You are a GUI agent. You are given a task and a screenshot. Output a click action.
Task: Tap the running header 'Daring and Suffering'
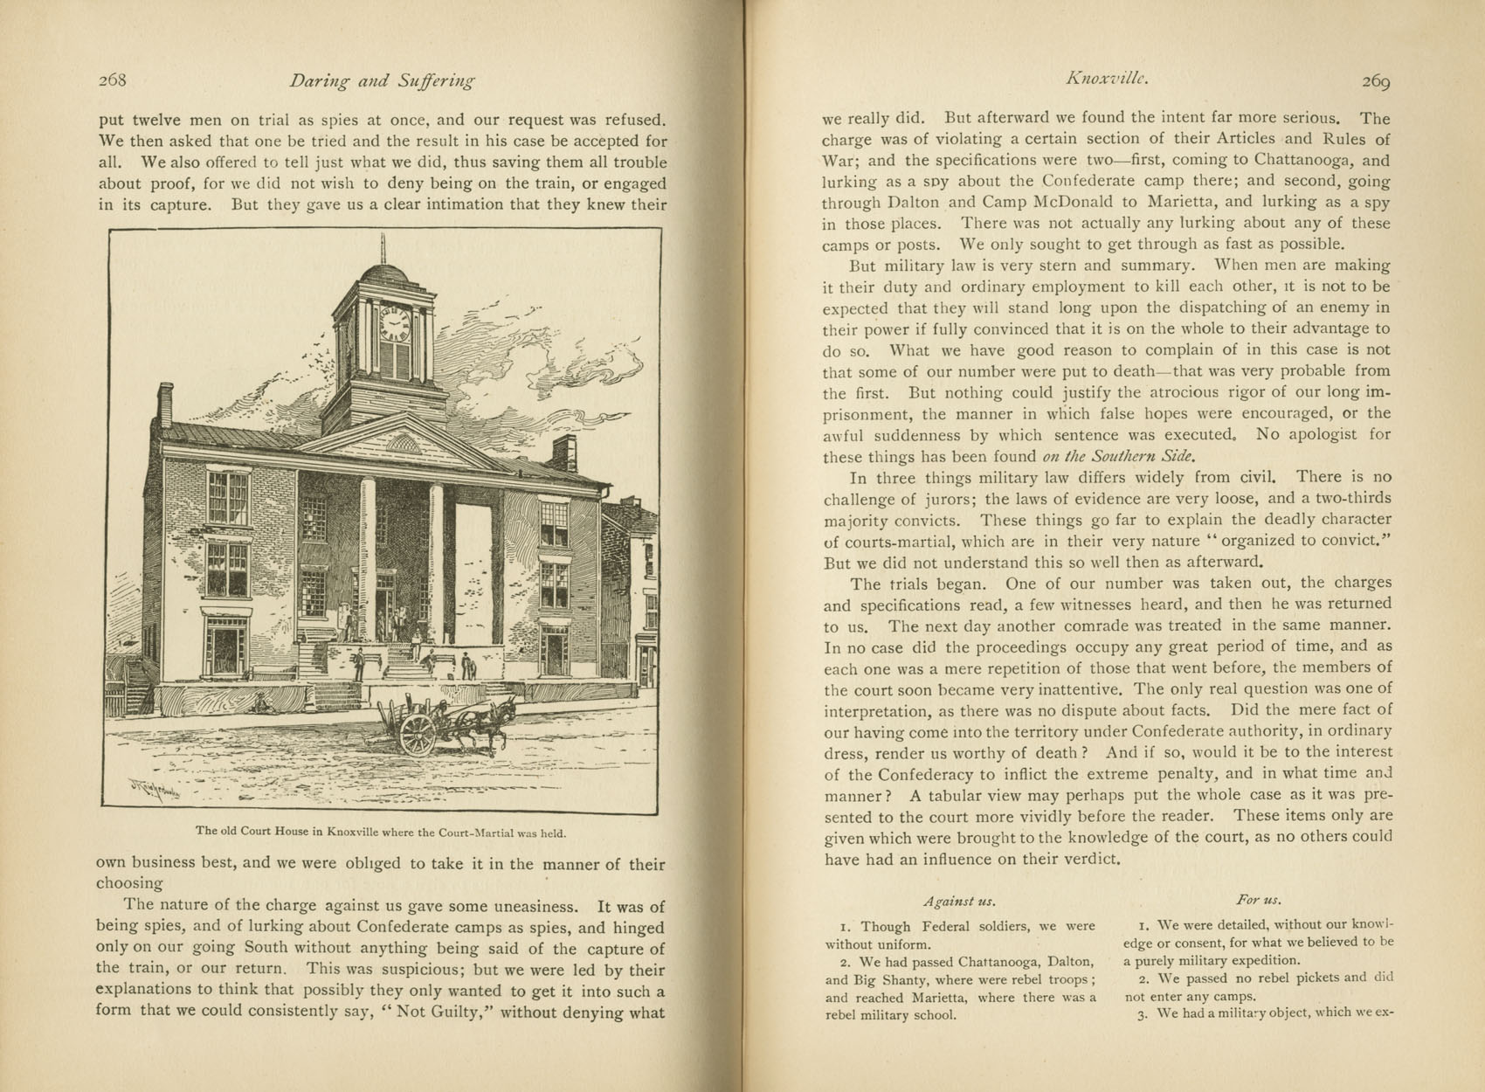point(382,81)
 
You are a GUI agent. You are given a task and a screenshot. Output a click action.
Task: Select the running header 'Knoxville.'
point(1105,79)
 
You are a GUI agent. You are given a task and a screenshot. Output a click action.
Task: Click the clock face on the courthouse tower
point(394,325)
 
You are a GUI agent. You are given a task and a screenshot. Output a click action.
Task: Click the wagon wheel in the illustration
point(418,734)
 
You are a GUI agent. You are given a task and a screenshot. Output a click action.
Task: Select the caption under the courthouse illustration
point(380,832)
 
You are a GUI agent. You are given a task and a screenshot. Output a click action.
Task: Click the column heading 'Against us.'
point(959,901)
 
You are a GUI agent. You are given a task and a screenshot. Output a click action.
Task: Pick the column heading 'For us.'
point(1259,899)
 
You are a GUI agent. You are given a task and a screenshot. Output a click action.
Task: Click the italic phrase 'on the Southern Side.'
point(1118,456)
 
